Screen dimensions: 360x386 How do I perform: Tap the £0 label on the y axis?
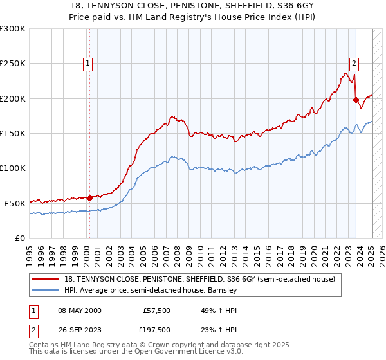click(x=19, y=238)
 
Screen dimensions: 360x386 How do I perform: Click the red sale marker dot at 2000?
click(x=89, y=198)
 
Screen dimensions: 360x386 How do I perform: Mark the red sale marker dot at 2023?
click(x=356, y=100)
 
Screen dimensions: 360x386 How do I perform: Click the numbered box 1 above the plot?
click(x=87, y=63)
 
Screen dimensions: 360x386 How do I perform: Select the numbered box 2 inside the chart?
click(x=354, y=63)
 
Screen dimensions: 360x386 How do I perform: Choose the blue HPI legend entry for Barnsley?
click(x=151, y=291)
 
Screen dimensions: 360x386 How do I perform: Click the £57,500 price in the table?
click(x=156, y=310)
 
